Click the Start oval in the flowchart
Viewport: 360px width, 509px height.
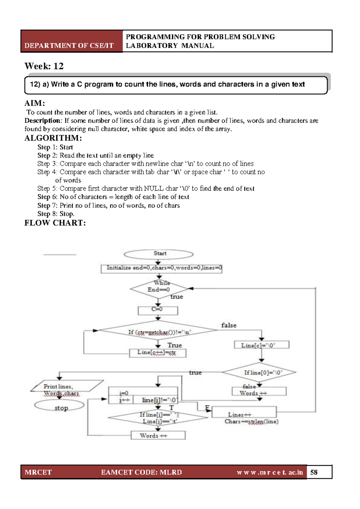pos(158,254)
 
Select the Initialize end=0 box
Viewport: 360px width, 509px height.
pos(161,268)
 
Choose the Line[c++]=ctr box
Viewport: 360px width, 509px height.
pos(157,353)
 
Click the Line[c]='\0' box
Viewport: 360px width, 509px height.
pos(261,345)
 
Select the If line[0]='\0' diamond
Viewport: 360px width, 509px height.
pos(259,372)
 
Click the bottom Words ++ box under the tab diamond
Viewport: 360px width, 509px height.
pos(158,435)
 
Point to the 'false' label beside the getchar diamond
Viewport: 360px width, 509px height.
pos(229,325)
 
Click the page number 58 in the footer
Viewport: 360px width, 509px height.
pos(314,472)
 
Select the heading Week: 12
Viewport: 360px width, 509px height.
pos(44,66)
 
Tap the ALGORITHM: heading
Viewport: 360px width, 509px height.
pos(53,138)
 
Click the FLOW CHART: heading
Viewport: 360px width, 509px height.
pos(55,223)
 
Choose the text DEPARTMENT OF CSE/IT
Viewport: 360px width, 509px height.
pos(69,46)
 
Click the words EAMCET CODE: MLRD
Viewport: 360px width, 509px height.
pos(141,472)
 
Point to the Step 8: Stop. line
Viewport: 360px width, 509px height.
pos(56,214)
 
